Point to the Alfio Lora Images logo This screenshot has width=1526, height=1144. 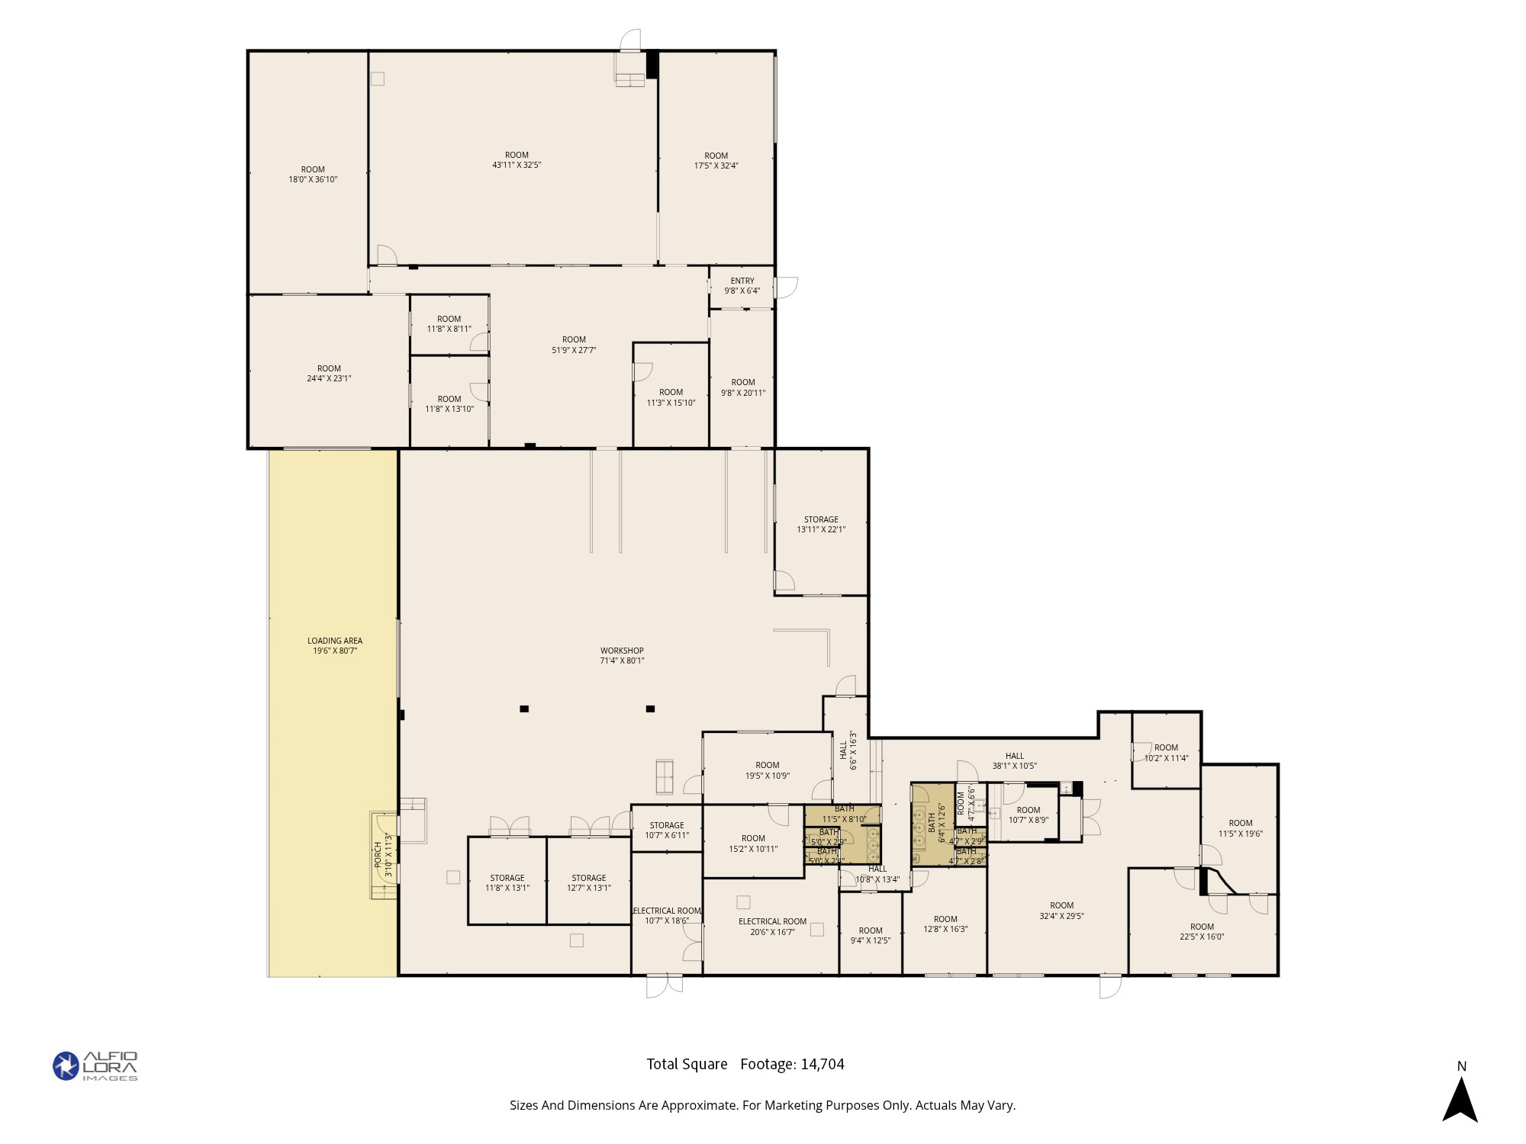point(95,1065)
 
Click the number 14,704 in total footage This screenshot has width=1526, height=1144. point(823,1064)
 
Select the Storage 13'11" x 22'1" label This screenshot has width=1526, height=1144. point(821,524)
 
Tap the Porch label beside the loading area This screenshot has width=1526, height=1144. point(378,854)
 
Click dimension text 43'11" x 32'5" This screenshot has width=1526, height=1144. point(517,165)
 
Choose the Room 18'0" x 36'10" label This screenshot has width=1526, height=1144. point(313,175)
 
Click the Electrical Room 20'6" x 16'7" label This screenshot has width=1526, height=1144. point(772,927)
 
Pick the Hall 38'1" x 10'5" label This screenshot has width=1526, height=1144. point(1014,760)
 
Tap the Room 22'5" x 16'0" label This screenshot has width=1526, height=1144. point(1202,932)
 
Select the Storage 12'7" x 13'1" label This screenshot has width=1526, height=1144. point(589,882)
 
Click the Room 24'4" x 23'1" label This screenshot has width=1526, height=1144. point(329,373)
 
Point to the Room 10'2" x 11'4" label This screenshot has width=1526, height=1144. point(1166,753)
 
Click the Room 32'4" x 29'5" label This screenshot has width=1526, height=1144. point(1061,911)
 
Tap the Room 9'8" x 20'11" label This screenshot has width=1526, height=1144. point(743,387)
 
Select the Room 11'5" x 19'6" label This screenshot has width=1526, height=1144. point(1241,828)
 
